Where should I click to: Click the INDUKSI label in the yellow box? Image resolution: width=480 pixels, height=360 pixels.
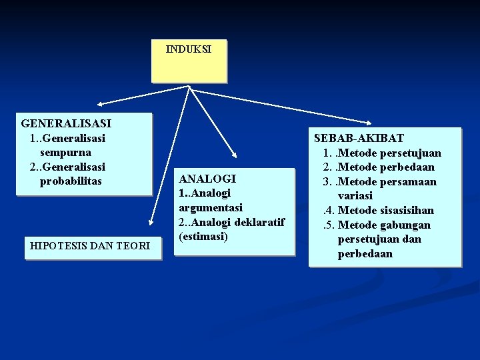tap(189, 49)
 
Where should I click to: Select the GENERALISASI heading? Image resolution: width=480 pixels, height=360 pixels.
tap(66, 123)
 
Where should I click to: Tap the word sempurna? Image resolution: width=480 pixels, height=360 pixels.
tap(65, 152)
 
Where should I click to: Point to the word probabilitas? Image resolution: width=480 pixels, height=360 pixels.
tap(71, 181)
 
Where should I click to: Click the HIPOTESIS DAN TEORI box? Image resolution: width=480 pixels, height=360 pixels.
tap(90, 246)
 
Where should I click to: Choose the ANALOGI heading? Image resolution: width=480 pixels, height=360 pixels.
tap(207, 179)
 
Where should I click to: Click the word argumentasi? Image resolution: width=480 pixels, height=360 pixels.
tap(211, 207)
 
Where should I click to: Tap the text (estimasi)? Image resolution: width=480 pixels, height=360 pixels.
tap(203, 236)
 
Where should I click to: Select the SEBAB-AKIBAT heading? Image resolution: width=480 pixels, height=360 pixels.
tap(359, 138)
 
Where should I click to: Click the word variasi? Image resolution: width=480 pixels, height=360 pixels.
tap(355, 196)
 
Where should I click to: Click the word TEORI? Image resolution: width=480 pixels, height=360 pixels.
tap(135, 246)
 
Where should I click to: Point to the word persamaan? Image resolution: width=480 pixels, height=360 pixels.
tap(411, 181)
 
